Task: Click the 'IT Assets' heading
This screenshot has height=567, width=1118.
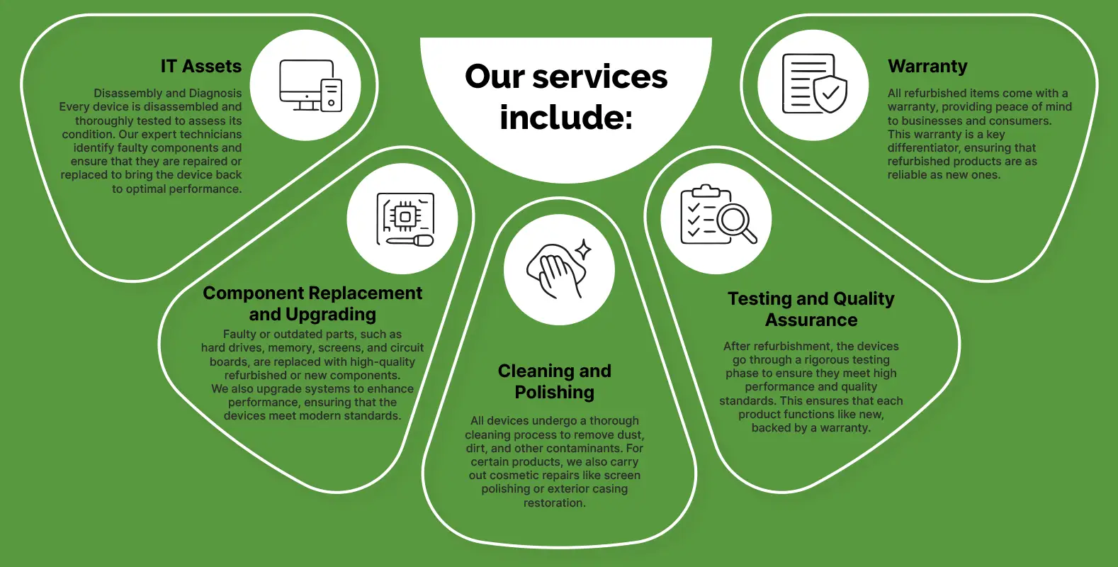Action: (201, 67)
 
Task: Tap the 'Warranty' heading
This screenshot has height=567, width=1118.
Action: (927, 67)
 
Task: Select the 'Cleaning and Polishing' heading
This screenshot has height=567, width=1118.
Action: (555, 381)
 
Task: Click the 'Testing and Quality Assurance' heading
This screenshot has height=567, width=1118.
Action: (811, 309)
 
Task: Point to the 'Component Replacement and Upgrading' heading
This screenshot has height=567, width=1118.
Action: (312, 303)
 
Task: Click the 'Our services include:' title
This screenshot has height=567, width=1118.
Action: (566, 97)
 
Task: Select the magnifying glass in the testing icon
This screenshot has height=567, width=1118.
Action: (735, 223)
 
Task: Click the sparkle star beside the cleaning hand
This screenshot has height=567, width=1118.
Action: (583, 249)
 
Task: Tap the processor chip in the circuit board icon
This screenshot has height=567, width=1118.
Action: (405, 216)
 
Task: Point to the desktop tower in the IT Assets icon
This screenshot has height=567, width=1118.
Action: (331, 95)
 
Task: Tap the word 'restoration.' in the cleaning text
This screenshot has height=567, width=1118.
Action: (555, 503)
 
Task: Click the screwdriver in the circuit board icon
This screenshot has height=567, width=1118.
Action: (410, 241)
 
